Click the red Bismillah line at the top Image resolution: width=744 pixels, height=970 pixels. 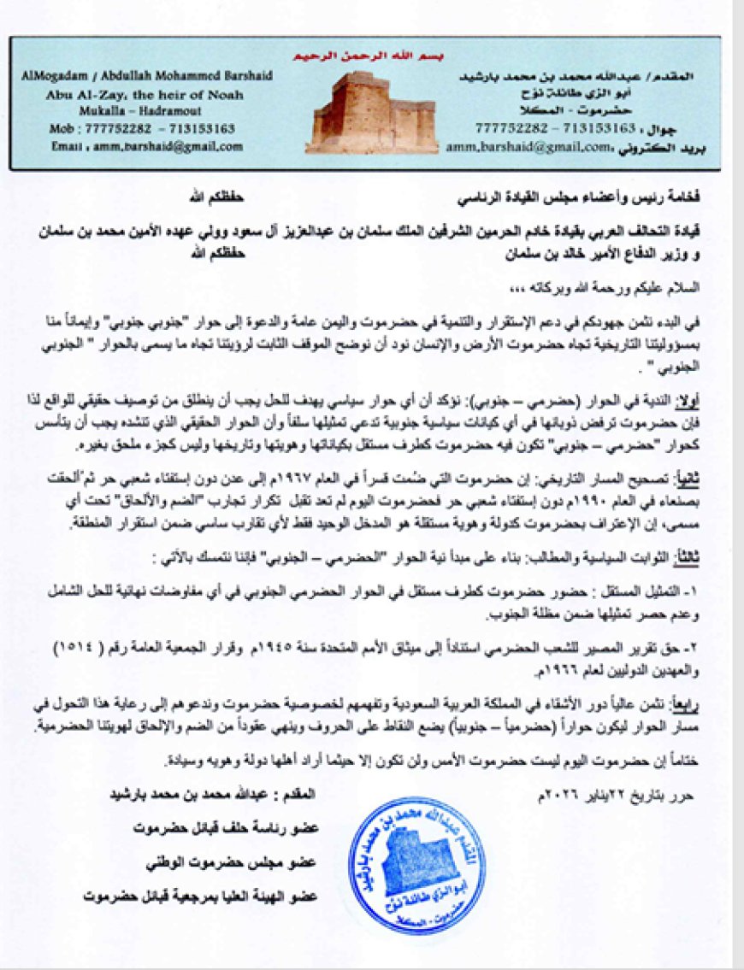(359, 57)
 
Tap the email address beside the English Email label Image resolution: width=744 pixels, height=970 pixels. (170, 146)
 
